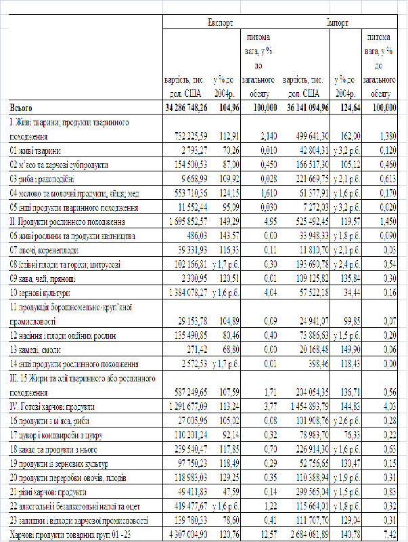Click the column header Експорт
pyautogui.click(x=221, y=22)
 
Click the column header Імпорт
pyautogui.click(x=337, y=22)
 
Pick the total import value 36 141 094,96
pyautogui.click(x=304, y=108)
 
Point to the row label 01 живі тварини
pyautogui.click(x=38, y=150)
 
